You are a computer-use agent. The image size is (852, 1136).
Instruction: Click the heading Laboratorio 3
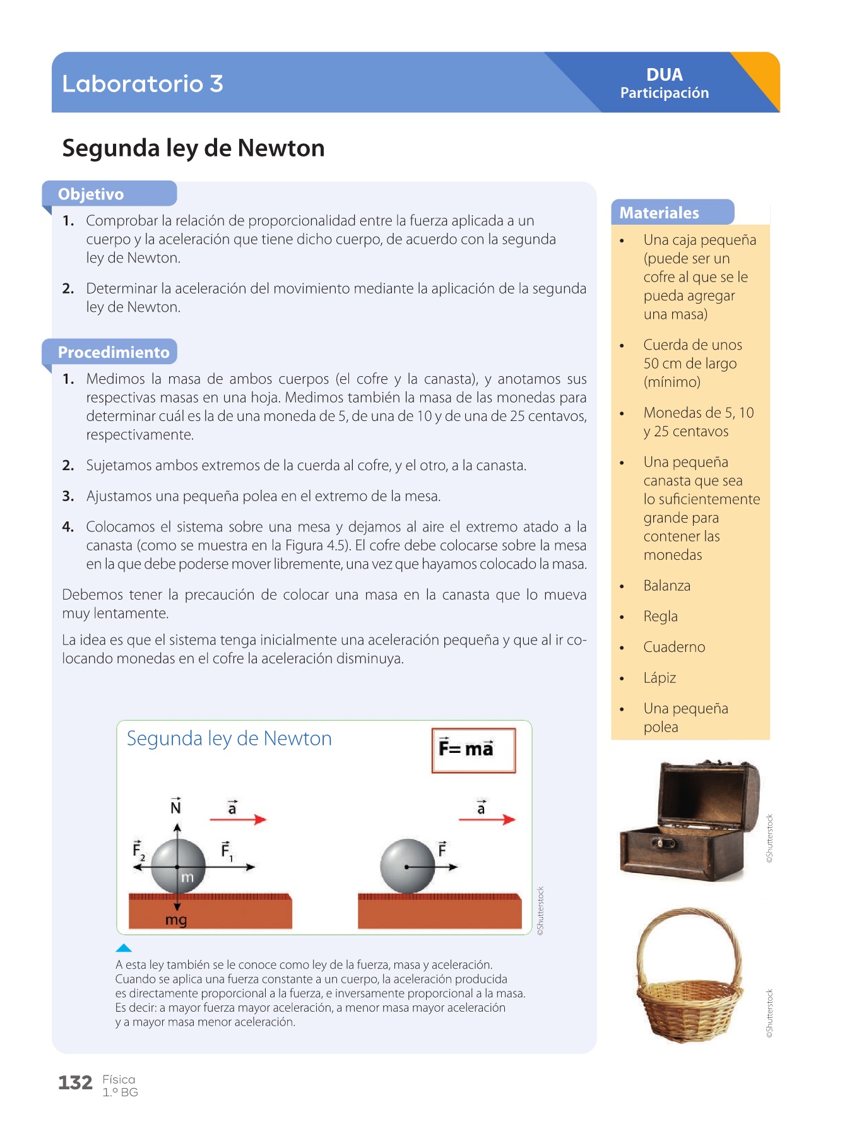pyautogui.click(x=143, y=83)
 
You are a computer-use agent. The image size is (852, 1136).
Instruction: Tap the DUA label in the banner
pyautogui.click(x=665, y=74)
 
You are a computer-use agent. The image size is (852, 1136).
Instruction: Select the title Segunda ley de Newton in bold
pyautogui.click(x=193, y=148)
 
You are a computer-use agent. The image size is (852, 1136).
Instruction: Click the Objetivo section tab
pyautogui.click(x=91, y=194)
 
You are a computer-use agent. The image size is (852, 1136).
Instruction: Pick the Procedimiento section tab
pyautogui.click(x=114, y=352)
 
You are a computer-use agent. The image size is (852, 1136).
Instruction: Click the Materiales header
pyautogui.click(x=659, y=213)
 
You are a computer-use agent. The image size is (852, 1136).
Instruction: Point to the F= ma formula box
pyautogui.click(x=473, y=750)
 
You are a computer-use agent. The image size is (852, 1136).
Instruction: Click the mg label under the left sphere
pyautogui.click(x=176, y=920)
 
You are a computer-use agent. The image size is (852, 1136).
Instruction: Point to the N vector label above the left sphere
pyautogui.click(x=176, y=807)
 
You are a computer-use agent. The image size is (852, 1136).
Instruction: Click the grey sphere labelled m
pyautogui.click(x=179, y=867)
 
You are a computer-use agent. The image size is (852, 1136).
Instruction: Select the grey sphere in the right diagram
pyautogui.click(x=408, y=867)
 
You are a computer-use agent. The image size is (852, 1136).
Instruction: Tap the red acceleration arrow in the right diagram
pyautogui.click(x=487, y=819)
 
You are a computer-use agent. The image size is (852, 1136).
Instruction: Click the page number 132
pyautogui.click(x=75, y=1083)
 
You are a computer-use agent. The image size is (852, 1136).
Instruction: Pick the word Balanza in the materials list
pyautogui.click(x=666, y=586)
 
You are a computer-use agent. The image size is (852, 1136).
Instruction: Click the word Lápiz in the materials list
pyautogui.click(x=660, y=678)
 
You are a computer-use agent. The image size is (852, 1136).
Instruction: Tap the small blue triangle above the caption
pyautogui.click(x=124, y=948)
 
